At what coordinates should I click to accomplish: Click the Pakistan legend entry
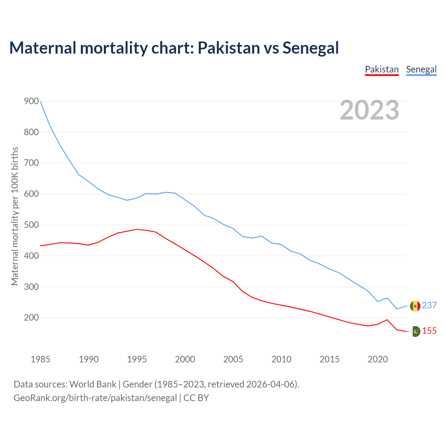pyautogui.click(x=382, y=69)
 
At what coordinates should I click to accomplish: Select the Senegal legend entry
pyautogui.click(x=421, y=69)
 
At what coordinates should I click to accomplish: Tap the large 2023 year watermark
pyautogui.click(x=369, y=110)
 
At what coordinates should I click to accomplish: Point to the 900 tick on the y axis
pyautogui.click(x=31, y=101)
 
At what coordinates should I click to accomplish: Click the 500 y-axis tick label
pyautogui.click(x=31, y=225)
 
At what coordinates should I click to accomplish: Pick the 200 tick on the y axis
pyautogui.click(x=31, y=318)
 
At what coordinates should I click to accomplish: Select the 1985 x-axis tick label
pyautogui.click(x=40, y=359)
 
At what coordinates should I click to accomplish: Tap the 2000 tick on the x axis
pyautogui.click(x=185, y=359)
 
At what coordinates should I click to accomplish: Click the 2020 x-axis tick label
pyautogui.click(x=378, y=359)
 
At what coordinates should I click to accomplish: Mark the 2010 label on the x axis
pyautogui.click(x=281, y=359)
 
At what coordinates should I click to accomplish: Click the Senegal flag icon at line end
pyautogui.click(x=415, y=306)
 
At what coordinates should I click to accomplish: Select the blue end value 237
pyautogui.click(x=429, y=306)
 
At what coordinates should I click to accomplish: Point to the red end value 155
pyautogui.click(x=429, y=331)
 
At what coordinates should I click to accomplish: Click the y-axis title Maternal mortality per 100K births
pyautogui.click(x=15, y=216)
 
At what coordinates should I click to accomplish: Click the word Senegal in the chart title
pyautogui.click(x=310, y=48)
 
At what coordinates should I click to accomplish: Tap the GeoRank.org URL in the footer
pyautogui.click(x=95, y=398)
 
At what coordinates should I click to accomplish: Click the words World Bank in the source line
pyautogui.click(x=93, y=384)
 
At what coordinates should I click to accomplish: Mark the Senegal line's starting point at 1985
pyautogui.click(x=40, y=101)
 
